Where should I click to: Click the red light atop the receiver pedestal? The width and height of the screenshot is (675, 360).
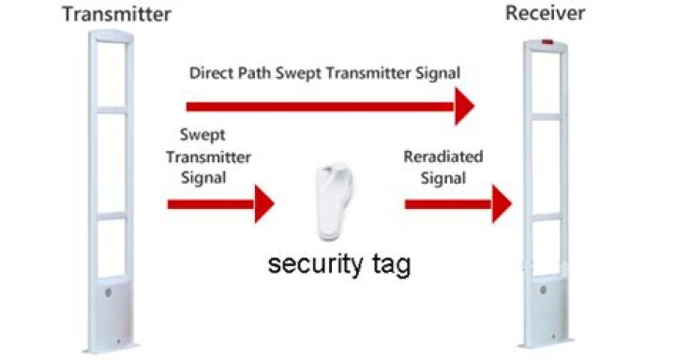click(x=547, y=42)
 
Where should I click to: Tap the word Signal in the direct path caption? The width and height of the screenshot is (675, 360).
click(x=438, y=72)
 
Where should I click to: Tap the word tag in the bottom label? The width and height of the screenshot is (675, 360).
click(x=389, y=267)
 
